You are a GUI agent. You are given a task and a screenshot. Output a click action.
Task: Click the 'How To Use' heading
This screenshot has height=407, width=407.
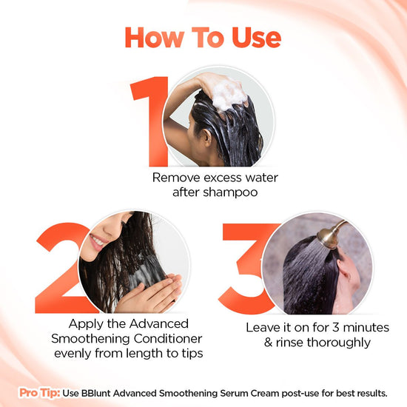pyautogui.click(x=203, y=38)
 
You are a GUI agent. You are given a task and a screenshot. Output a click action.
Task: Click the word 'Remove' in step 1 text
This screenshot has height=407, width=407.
pyautogui.click(x=175, y=178)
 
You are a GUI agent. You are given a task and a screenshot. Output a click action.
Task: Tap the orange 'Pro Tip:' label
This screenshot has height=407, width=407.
pyautogui.click(x=39, y=392)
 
